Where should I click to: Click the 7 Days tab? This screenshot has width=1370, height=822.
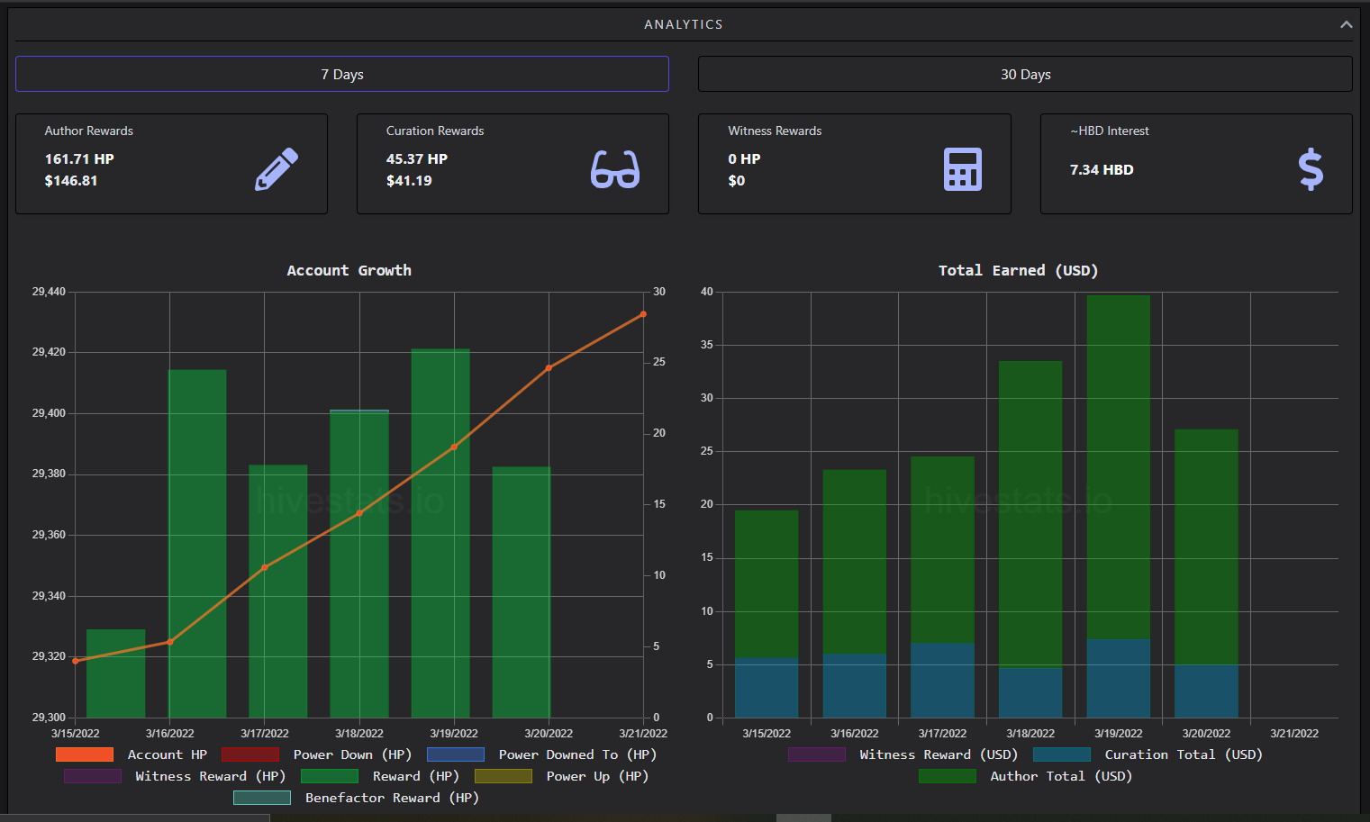(342, 74)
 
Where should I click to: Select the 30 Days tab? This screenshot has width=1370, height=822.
(1025, 74)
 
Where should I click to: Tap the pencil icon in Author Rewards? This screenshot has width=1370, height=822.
(277, 169)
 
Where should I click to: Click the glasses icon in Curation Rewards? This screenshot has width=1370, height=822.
(614, 169)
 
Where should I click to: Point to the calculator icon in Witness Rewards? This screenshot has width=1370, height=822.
(962, 169)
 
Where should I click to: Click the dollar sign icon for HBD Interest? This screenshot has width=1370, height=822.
(1310, 169)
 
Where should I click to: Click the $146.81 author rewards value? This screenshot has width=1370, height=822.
(71, 181)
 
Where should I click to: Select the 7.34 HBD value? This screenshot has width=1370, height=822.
(1102, 170)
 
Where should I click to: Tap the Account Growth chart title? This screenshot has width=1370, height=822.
(349, 270)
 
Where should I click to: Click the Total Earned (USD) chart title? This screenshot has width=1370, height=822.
(1019, 270)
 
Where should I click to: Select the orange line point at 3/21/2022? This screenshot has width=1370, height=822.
(643, 314)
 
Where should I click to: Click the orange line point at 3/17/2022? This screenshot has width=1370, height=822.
(265, 567)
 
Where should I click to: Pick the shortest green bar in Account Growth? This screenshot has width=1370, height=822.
(115, 673)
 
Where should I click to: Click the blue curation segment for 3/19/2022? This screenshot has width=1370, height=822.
(1118, 678)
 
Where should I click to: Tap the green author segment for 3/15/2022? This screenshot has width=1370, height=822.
(767, 583)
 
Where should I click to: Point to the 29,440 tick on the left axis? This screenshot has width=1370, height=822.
(49, 292)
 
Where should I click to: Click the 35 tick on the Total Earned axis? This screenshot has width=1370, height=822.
(707, 345)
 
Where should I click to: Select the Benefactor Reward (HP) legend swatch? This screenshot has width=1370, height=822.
(262, 798)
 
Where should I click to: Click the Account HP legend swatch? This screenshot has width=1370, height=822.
(85, 754)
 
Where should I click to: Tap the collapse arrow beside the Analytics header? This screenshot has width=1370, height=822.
(1346, 24)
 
